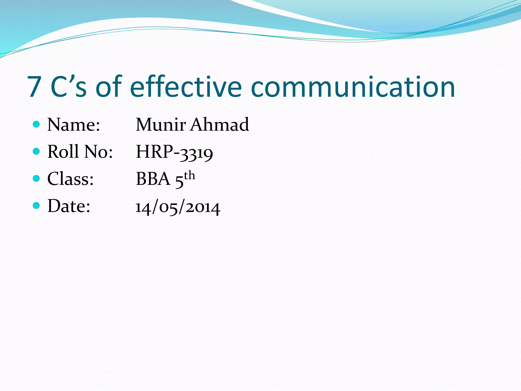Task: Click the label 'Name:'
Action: click(74, 125)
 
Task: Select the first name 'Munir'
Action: click(161, 125)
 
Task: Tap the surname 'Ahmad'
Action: click(220, 125)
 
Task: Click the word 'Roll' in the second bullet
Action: click(63, 152)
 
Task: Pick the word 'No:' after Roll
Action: click(98, 152)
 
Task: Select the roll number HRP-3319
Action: click(174, 152)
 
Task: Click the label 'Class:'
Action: click(70, 179)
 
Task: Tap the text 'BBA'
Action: click(153, 179)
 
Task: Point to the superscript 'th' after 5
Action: click(190, 176)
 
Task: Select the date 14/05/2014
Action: click(178, 207)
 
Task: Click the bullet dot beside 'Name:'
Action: click(37, 124)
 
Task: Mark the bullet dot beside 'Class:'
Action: click(37, 178)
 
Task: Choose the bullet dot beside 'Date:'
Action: click(37, 205)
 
